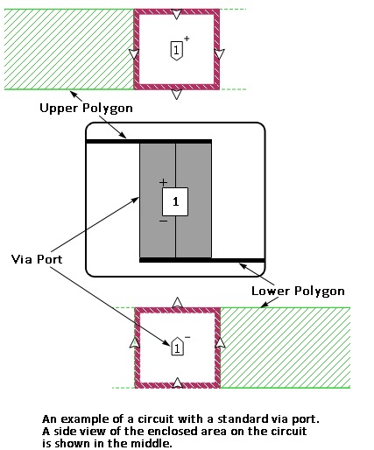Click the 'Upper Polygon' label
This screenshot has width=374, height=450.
coord(86,109)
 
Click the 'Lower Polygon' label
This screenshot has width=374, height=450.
coord(298,292)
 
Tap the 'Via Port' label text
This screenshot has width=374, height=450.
coord(37,259)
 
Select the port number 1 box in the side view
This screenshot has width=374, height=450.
coord(175,201)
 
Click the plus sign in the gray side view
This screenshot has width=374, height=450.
coord(164,183)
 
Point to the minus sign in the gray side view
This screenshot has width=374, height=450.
coord(164,221)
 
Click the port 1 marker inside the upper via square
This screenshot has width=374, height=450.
coord(176,51)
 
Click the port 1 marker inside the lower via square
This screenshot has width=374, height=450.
coord(177,347)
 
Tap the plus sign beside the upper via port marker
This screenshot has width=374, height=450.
coord(187,39)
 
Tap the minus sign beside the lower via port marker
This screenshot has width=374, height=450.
coord(187,337)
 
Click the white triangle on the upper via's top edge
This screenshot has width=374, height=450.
coord(176,14)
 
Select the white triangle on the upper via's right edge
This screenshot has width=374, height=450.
coord(220,53)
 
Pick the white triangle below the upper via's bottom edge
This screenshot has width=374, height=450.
coord(176,95)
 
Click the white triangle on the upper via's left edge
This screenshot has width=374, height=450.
coord(134,53)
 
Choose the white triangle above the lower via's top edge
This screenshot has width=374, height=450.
coord(178,302)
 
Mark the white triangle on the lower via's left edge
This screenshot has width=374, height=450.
coord(134,343)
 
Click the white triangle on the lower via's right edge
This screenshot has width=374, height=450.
coord(220,343)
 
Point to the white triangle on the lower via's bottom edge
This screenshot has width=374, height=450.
coord(178,383)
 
